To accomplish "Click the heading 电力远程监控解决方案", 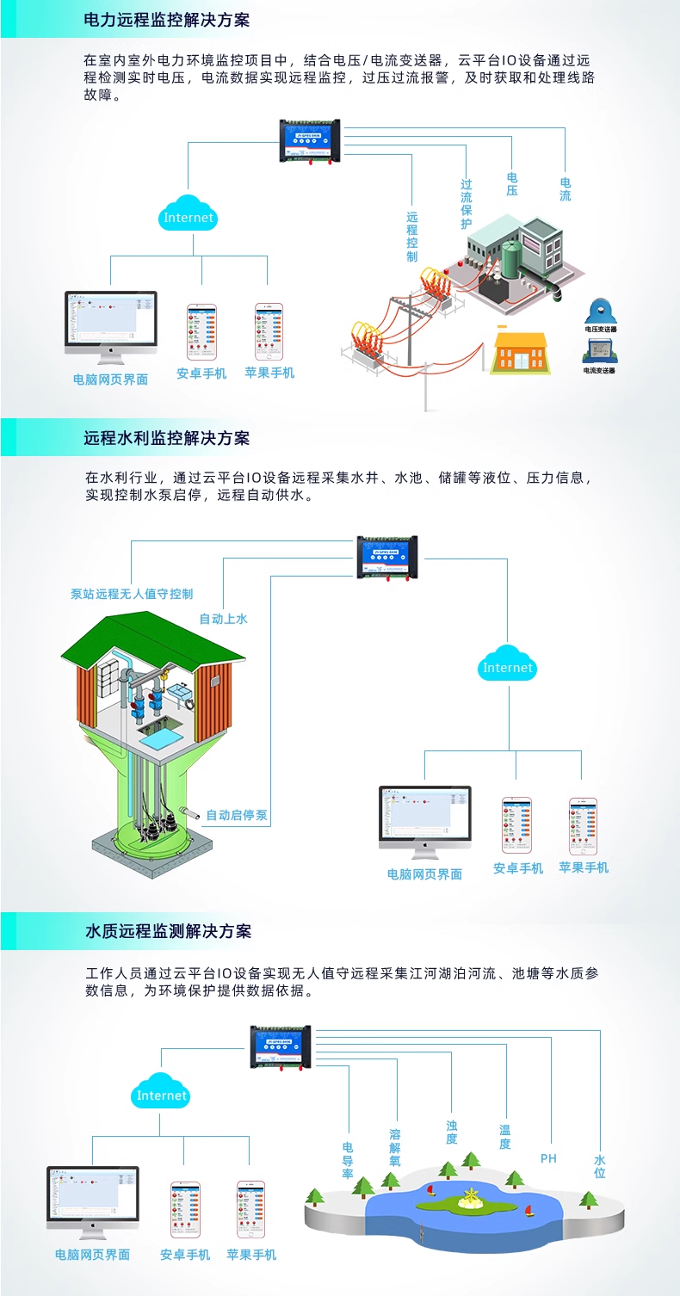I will click(166, 20).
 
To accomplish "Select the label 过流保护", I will click(467, 204).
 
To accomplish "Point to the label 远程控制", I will click(412, 237).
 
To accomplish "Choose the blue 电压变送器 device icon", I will click(600, 311).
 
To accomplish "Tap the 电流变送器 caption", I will click(600, 370).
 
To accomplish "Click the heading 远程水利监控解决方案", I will click(166, 438).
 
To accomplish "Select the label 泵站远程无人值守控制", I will click(132, 594).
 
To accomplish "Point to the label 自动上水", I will click(223, 619).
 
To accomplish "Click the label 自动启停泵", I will click(237, 815).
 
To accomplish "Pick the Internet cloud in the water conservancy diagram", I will click(508, 666).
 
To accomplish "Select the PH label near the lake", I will click(548, 1158).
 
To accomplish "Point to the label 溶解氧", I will click(395, 1147).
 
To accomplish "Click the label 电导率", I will click(348, 1160).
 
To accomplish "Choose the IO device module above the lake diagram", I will click(281, 1046).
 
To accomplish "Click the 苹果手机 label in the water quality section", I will click(251, 1255).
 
